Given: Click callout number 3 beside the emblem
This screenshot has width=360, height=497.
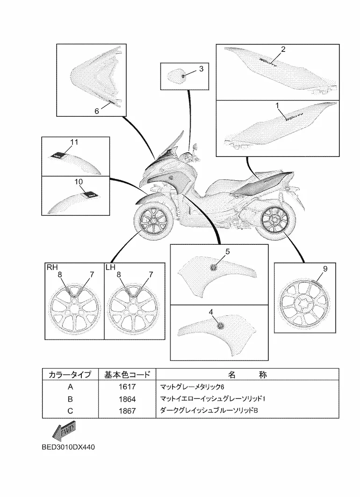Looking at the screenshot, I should click(201, 69).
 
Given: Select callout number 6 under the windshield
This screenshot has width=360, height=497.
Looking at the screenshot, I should click(97, 111).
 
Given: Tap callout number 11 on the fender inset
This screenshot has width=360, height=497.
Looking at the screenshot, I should click(74, 141).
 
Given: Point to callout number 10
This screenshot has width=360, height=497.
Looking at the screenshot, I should click(78, 181).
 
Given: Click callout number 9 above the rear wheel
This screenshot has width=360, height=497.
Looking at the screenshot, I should click(325, 268).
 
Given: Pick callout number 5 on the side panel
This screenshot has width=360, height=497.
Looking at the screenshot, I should click(228, 251).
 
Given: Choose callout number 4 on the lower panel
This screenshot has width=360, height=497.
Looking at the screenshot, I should click(211, 311).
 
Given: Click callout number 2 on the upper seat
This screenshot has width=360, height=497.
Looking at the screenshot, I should click(283, 49).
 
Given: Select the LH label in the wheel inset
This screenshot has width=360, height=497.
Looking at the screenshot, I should click(110, 267).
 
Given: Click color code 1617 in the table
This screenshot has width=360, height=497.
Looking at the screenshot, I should click(127, 387).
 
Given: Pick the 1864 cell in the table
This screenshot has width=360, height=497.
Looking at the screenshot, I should click(127, 399).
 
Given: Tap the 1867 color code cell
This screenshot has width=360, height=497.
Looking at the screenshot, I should click(127, 411).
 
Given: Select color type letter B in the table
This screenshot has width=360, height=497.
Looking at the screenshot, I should click(70, 399).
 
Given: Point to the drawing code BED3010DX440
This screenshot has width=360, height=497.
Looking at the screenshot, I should click(68, 447).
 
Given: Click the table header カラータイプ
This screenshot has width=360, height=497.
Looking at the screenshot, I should click(70, 375).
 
